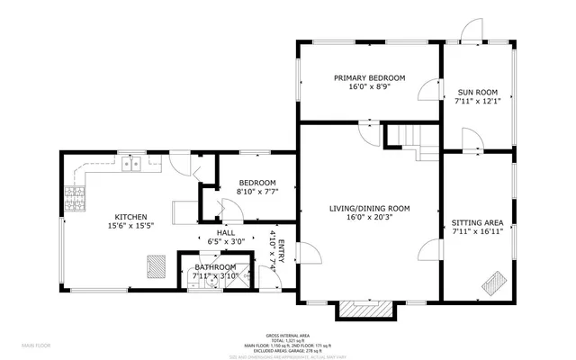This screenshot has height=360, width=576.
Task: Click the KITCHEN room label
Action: click(x=130, y=216)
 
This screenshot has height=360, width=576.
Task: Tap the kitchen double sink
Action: click(x=134, y=163)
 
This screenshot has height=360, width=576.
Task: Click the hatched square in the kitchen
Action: click(x=157, y=266)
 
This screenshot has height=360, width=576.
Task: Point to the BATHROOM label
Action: click(x=215, y=266)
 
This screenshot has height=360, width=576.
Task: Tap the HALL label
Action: click(x=213, y=232)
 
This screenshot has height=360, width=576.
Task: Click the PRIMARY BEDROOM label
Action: click(x=369, y=78)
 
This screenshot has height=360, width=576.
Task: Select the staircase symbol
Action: click(x=410, y=139)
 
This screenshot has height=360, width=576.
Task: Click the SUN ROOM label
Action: click(x=477, y=92)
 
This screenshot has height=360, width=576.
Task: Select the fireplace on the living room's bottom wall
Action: click(x=365, y=310)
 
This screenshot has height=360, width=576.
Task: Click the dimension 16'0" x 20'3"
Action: click(x=370, y=218)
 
